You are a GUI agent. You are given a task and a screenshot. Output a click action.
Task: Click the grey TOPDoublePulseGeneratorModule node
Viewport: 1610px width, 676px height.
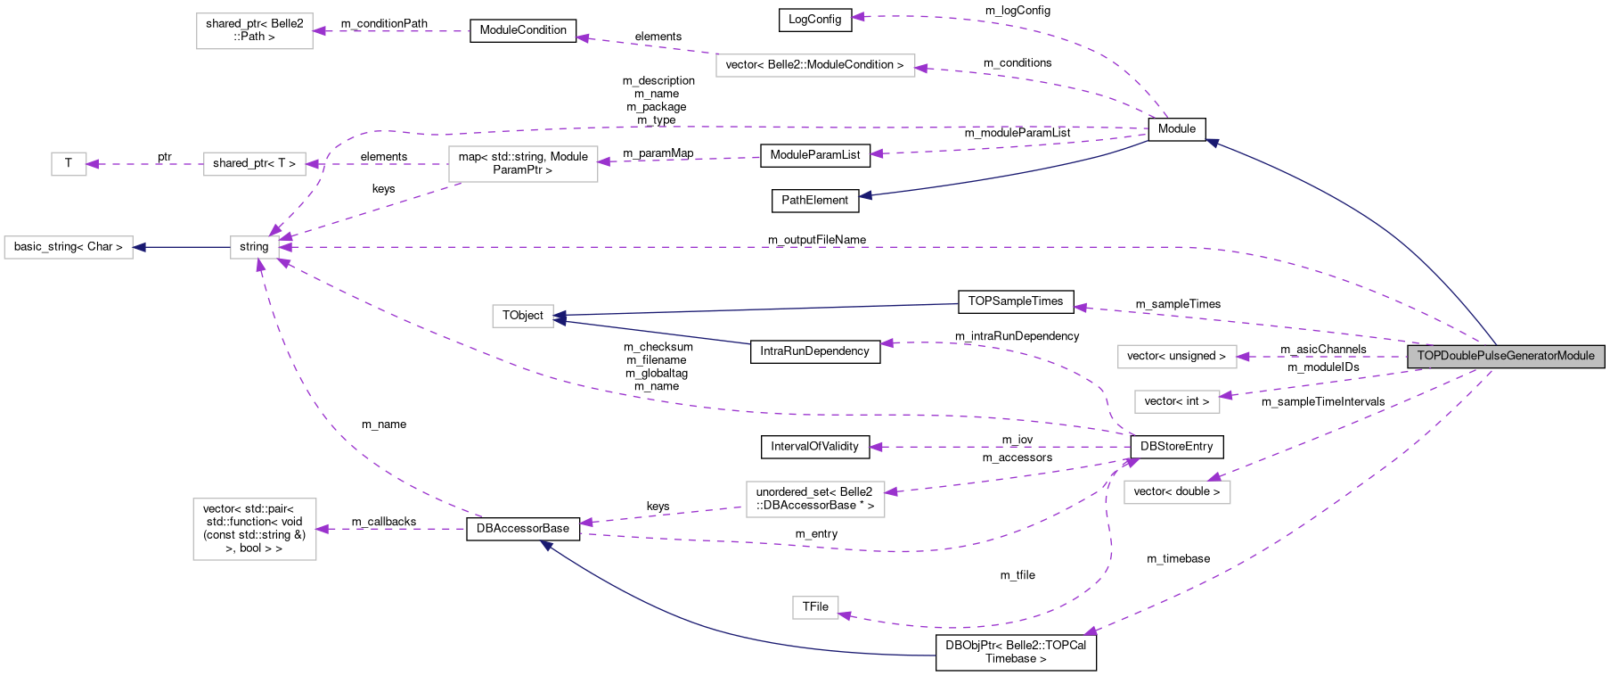pyautogui.click(x=1506, y=356)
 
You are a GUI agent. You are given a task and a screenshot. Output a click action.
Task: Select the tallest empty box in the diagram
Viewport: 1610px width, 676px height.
pyautogui.click(x=255, y=529)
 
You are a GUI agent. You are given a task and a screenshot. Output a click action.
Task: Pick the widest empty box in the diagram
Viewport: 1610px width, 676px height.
pyautogui.click(x=815, y=65)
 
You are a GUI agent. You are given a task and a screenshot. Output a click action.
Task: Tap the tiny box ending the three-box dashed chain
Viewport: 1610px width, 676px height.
pyautogui.click(x=69, y=164)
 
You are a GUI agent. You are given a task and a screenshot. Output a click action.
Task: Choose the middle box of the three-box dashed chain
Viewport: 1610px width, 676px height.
pyautogui.click(x=255, y=164)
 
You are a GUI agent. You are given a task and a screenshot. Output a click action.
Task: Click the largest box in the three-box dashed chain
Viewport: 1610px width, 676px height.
pyautogui.click(x=523, y=164)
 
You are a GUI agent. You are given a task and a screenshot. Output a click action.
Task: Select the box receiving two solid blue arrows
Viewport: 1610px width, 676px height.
pyautogui.click(x=523, y=316)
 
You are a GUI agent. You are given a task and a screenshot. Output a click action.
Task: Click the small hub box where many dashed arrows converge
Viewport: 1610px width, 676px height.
pyautogui.click(x=255, y=247)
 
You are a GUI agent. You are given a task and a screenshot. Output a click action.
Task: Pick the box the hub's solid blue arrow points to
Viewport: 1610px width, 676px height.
pyautogui.click(x=69, y=247)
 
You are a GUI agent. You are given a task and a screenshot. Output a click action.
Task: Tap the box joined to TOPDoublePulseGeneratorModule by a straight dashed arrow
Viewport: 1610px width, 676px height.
pyautogui.click(x=1177, y=356)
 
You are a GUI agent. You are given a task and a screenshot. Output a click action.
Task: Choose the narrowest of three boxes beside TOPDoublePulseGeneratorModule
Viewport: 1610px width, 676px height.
pyautogui.click(x=1177, y=401)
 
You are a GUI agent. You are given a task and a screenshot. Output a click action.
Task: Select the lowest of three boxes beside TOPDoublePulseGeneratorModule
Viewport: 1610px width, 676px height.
pyautogui.click(x=1177, y=492)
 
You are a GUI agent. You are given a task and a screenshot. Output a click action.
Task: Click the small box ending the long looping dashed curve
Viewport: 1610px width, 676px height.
pyautogui.click(x=815, y=607)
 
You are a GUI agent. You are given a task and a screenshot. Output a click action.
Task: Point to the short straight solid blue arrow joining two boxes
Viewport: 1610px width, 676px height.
pyautogui.click(x=182, y=247)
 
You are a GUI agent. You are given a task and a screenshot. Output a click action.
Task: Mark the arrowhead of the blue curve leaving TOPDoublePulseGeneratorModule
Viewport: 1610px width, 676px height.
pyautogui.click(x=1212, y=142)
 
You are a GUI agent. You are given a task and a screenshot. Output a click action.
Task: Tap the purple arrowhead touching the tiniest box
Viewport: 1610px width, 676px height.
pyautogui.click(x=92, y=164)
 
